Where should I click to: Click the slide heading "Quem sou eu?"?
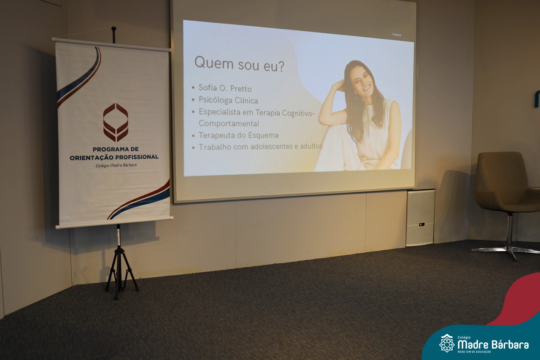pyautogui.click(x=239, y=64)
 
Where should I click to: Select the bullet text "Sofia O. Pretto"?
pyautogui.click(x=225, y=88)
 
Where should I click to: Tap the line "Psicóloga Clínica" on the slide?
pyautogui.click(x=228, y=100)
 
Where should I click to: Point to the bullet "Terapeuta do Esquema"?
pyautogui.click(x=238, y=135)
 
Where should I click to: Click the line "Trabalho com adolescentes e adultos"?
pyautogui.click(x=261, y=146)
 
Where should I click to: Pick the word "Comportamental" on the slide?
pyautogui.click(x=229, y=124)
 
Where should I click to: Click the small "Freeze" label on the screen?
pyautogui.click(x=397, y=35)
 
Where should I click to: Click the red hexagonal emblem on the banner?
pyautogui.click(x=116, y=122)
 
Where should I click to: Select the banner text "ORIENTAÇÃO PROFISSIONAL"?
pyautogui.click(x=114, y=157)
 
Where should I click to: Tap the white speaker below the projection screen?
pyautogui.click(x=420, y=218)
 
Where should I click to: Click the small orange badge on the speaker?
pyautogui.click(x=421, y=225)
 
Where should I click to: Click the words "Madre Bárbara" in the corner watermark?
pyautogui.click(x=493, y=344)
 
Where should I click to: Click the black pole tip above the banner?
pyautogui.click(x=113, y=28)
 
